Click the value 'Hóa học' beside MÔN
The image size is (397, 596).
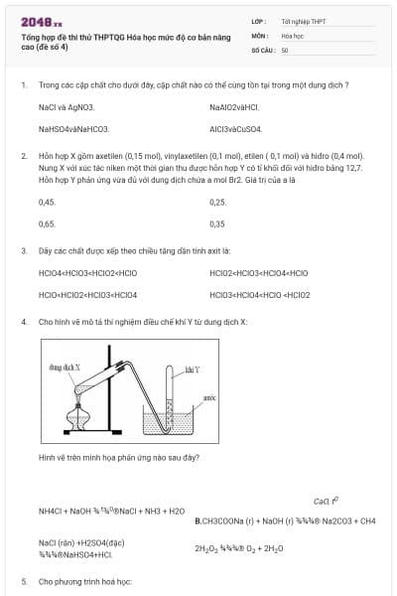click(292, 35)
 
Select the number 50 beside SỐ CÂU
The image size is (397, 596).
click(285, 49)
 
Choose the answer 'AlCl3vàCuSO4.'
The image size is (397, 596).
click(235, 128)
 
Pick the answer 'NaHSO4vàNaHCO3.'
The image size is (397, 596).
click(73, 128)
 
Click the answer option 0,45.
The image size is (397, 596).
click(47, 202)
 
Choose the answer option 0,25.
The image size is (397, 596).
click(217, 202)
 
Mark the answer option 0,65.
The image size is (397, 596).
click(47, 223)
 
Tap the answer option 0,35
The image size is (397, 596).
click(217, 223)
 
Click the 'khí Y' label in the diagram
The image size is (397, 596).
click(193, 370)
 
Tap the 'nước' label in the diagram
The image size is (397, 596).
click(209, 395)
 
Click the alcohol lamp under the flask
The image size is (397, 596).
click(76, 419)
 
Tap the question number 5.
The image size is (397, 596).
click(24, 581)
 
